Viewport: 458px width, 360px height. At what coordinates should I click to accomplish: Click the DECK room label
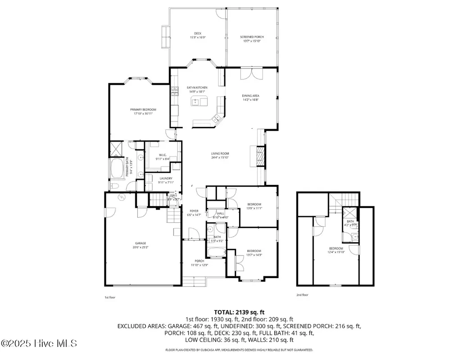197,33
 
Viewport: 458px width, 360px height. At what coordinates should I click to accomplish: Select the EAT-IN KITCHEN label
197,88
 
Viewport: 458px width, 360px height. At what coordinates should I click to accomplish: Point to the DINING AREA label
250,96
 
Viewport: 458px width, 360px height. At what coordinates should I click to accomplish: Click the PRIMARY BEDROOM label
143,110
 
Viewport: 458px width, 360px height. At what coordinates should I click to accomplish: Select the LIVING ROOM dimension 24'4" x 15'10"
220,158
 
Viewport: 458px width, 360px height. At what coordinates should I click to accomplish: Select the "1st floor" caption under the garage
110,297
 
